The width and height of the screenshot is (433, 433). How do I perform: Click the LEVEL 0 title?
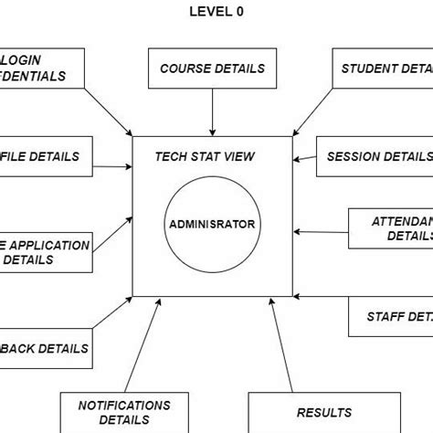pos(216,12)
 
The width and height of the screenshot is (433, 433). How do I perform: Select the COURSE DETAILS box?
pos(212,69)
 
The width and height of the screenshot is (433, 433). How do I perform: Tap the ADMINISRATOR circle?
pos(212,224)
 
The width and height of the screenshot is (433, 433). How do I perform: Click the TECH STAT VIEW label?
pos(205,157)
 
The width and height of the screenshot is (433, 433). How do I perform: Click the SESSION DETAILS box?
pos(375,157)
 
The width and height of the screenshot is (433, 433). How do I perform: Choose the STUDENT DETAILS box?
pos(380,69)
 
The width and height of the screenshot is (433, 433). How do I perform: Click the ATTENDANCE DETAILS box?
pos(391,228)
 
